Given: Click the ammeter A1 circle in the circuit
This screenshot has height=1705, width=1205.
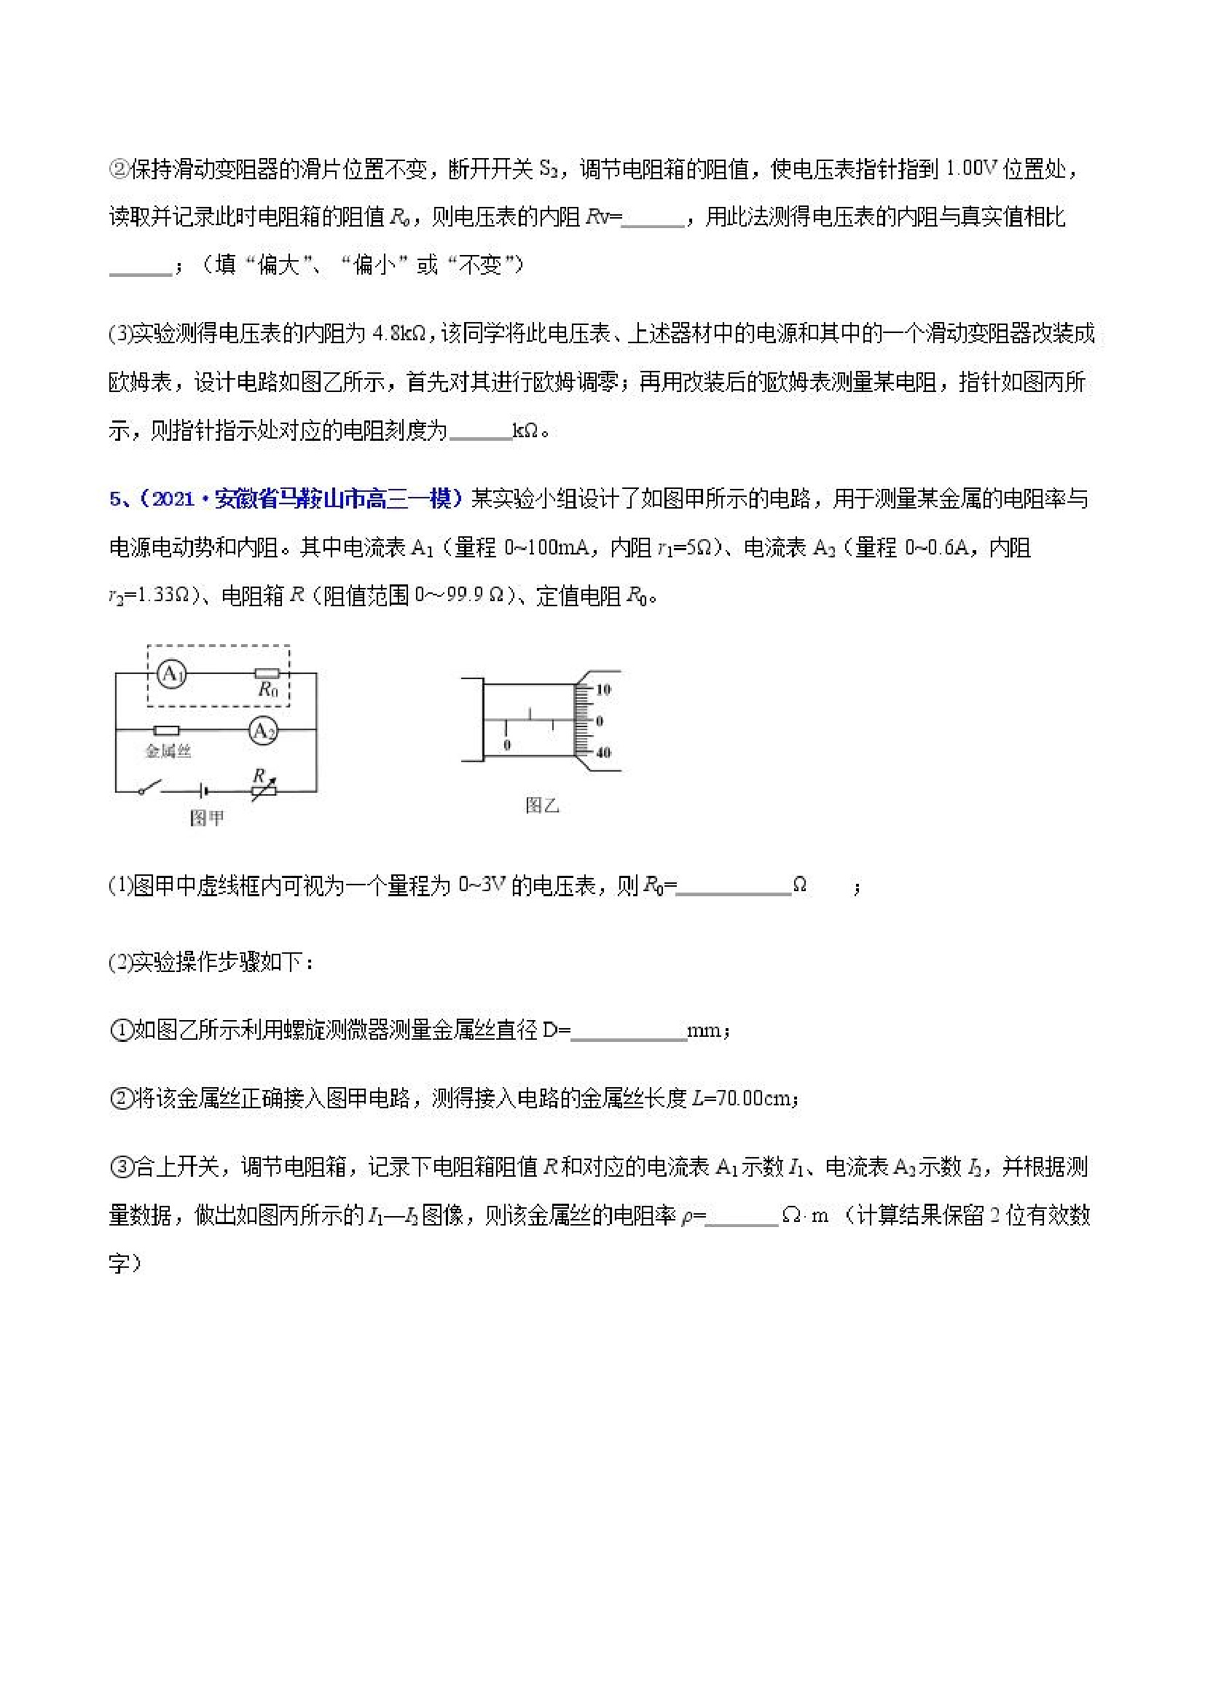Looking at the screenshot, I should point(171,674).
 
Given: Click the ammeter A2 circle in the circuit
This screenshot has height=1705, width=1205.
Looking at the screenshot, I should point(263,732).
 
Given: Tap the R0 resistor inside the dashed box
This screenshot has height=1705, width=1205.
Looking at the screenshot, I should point(267,674).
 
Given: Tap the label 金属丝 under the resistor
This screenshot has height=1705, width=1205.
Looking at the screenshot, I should point(168,751).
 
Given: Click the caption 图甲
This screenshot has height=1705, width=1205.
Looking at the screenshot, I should point(206,818).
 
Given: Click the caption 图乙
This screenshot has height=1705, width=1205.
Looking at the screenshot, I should point(541,806).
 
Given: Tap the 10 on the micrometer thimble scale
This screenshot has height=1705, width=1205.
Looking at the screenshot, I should point(603,689).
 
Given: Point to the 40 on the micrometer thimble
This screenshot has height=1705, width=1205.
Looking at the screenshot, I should point(603,752).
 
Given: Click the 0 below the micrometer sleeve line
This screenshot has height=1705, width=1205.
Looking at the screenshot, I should point(507,744).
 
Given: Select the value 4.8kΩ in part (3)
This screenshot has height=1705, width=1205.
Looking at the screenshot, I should point(399,334).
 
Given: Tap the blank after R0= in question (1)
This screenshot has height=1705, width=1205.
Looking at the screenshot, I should point(734,886).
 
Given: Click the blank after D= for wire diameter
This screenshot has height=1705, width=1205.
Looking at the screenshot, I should point(629,1031).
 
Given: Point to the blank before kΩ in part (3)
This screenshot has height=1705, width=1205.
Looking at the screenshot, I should point(480,431).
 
